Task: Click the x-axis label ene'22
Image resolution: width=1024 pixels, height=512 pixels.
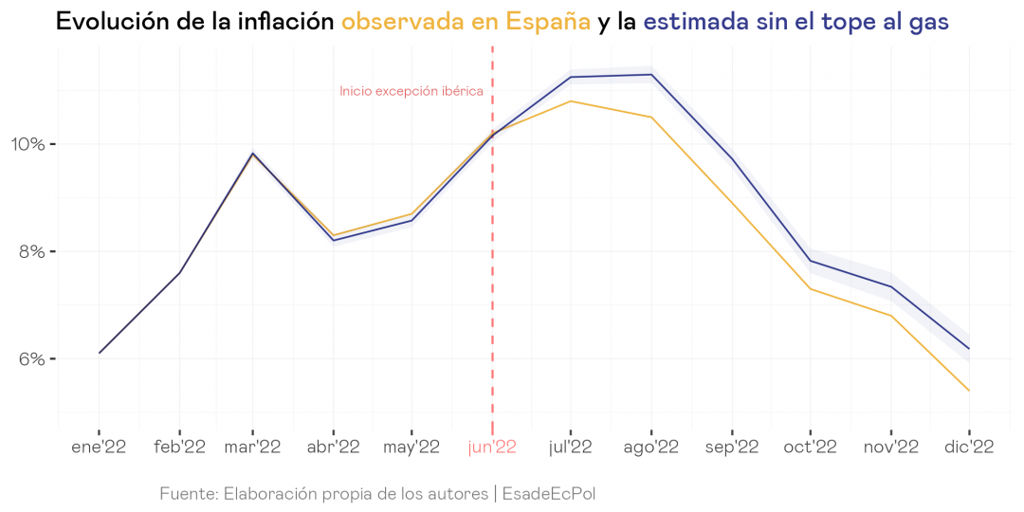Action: (x=99, y=448)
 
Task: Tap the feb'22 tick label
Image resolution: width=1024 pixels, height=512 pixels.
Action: (x=179, y=448)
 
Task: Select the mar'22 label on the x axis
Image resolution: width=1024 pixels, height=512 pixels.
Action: (x=252, y=448)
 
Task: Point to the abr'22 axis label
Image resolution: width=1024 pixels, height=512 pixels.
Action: (x=333, y=448)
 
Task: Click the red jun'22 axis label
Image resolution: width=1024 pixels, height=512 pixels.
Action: (x=492, y=448)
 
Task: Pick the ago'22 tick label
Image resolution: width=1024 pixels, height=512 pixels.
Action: (x=650, y=448)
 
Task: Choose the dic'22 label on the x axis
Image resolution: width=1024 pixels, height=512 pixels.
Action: (x=968, y=448)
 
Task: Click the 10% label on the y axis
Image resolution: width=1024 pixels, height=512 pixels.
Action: (x=27, y=144)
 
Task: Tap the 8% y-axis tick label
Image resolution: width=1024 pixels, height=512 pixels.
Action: (x=32, y=252)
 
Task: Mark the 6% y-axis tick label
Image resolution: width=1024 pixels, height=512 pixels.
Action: (x=32, y=359)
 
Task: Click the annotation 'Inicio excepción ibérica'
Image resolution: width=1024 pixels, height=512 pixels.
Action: (x=411, y=92)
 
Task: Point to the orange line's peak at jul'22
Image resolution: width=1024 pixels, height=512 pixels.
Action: (x=571, y=101)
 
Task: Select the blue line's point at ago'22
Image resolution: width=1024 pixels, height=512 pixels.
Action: (x=650, y=75)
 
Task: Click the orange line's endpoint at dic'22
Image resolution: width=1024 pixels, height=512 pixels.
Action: (x=968, y=391)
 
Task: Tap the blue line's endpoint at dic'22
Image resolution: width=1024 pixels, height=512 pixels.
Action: (x=968, y=349)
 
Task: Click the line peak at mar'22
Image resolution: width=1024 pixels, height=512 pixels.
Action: (x=252, y=153)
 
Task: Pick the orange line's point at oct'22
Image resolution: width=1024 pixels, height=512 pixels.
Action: (x=810, y=288)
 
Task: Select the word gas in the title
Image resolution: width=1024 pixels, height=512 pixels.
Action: (x=927, y=22)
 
